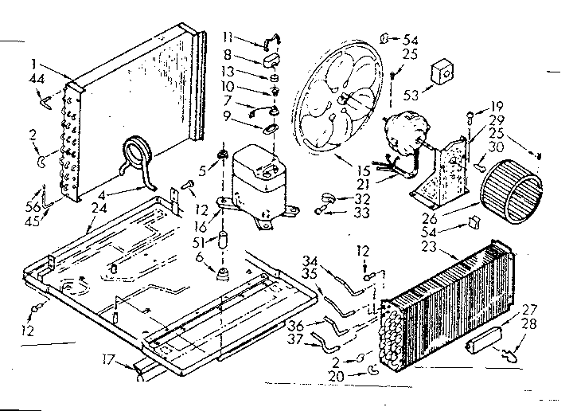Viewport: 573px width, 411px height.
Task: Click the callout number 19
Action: tap(497, 105)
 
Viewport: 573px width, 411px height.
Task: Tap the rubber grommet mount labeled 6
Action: tap(221, 274)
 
